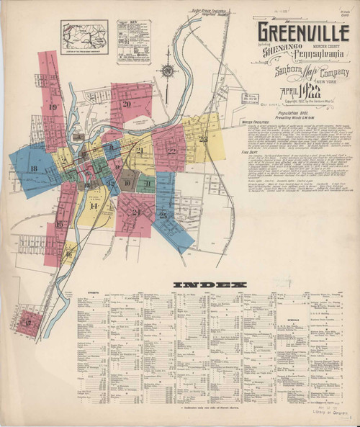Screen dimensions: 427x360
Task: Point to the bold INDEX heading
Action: point(203,284)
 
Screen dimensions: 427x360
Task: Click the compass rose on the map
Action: point(167,71)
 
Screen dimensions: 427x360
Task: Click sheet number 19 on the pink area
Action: point(53,107)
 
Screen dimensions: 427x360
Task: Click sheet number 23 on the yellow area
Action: point(203,138)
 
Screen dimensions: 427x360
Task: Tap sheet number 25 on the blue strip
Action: point(163,215)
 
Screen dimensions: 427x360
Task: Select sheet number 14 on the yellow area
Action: point(93,206)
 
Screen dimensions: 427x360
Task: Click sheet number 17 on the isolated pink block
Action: point(29,323)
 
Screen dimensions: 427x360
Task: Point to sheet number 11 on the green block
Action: point(146,183)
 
